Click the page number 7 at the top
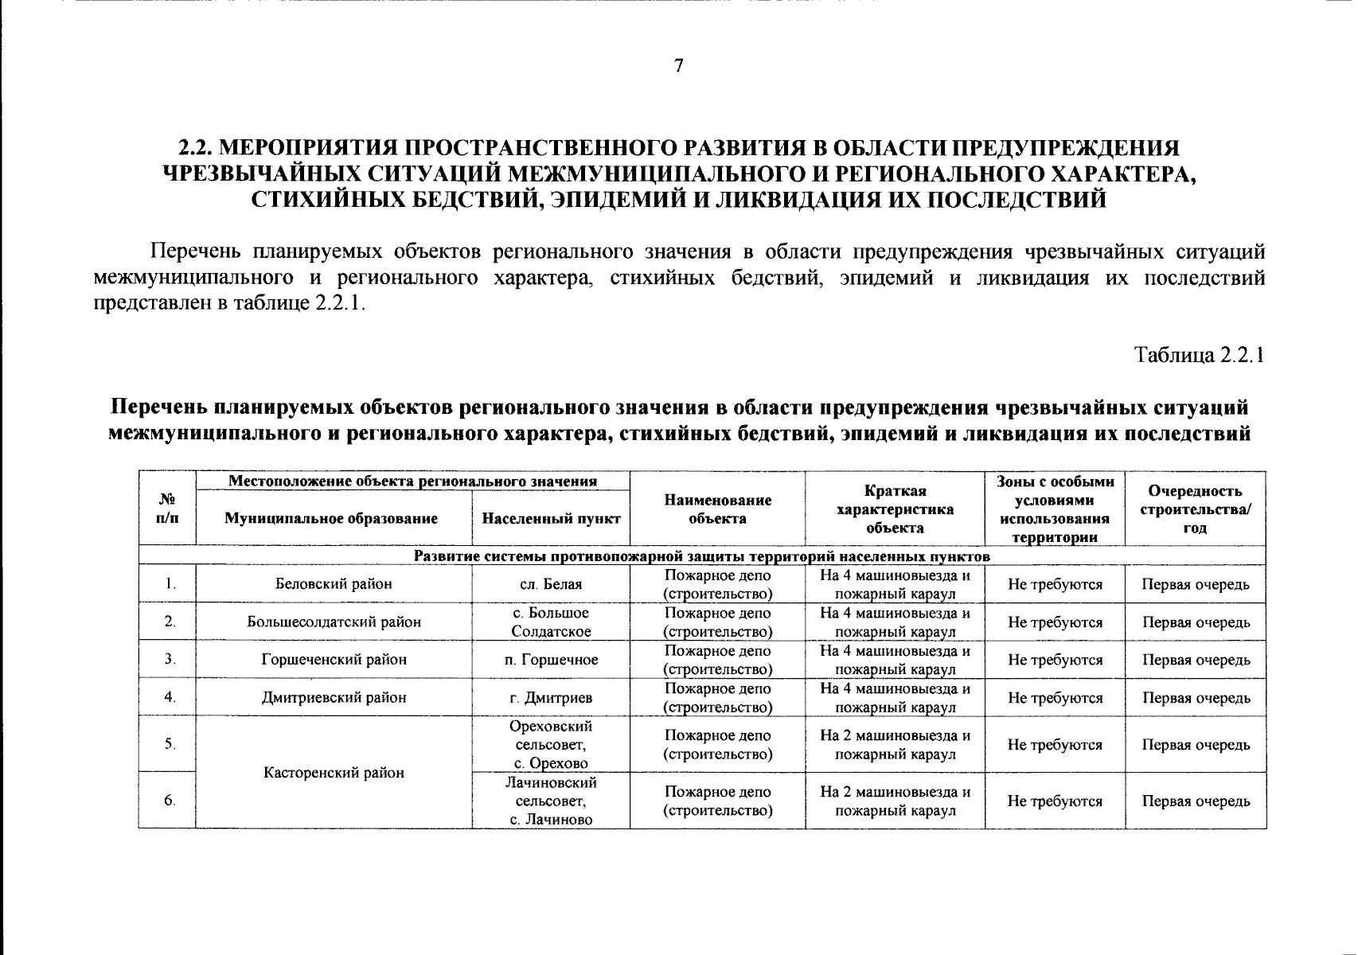point(678,66)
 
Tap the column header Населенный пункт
point(551,519)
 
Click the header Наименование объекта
point(717,509)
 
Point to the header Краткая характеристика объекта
point(895,509)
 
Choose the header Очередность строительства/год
point(1195,509)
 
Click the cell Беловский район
point(334,584)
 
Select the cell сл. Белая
point(551,584)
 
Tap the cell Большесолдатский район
point(334,622)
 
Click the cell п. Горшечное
point(551,660)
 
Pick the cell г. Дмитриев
point(551,698)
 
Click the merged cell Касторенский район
point(334,773)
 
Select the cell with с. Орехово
point(551,745)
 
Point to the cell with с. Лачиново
point(551,801)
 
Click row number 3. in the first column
point(170,660)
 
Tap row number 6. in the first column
point(170,801)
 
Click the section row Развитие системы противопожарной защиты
point(701,556)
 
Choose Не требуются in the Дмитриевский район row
point(1055,698)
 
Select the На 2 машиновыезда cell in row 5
point(895,745)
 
